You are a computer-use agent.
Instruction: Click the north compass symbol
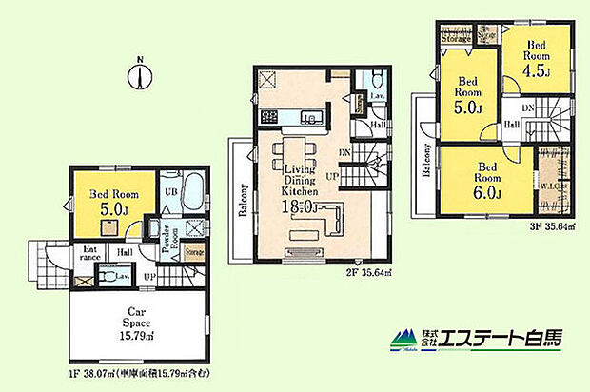(139, 75)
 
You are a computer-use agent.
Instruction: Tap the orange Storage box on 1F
(193, 252)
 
